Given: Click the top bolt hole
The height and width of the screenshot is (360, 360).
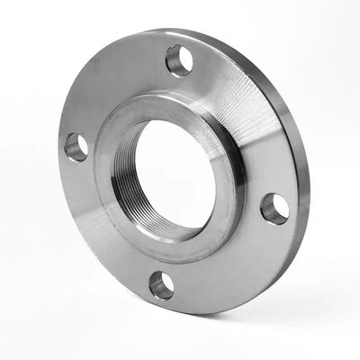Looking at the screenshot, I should [x=179, y=60].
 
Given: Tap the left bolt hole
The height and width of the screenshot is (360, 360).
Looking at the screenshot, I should [x=76, y=147].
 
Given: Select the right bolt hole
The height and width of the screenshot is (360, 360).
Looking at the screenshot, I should [x=274, y=208].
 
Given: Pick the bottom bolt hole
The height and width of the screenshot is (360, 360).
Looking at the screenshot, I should [x=161, y=285].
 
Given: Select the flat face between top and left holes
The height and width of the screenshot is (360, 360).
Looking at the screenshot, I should [x=112, y=90].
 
